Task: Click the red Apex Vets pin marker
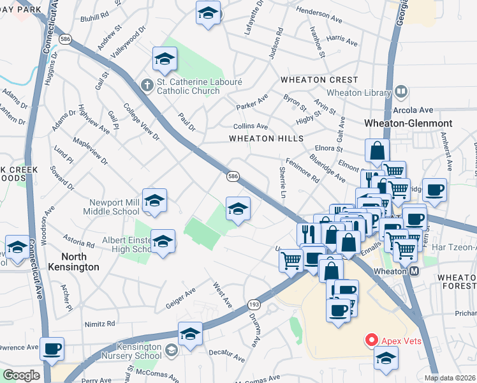(x=369, y=340)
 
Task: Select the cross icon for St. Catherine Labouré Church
(x=147, y=84)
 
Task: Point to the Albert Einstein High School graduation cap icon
(x=163, y=241)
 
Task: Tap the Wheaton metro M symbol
(x=415, y=271)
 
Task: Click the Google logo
(x=21, y=375)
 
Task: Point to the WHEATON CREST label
(x=312, y=80)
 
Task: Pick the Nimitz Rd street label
(x=101, y=324)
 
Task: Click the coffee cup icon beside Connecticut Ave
(x=52, y=349)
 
